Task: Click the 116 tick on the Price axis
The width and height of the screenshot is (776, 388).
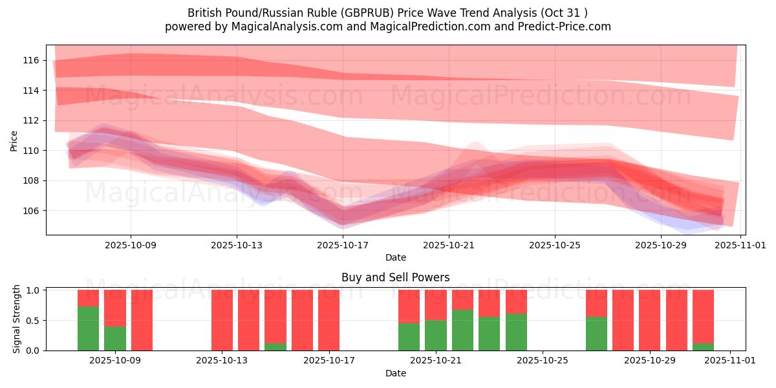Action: pyautogui.click(x=31, y=60)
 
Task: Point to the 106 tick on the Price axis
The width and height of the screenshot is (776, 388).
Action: pyautogui.click(x=31, y=211)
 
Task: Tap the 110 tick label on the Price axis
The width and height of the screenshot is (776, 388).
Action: pyautogui.click(x=31, y=151)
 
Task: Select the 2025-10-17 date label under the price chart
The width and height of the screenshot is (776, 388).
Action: pyautogui.click(x=343, y=245)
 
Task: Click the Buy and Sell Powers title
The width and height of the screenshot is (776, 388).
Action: pyautogui.click(x=395, y=277)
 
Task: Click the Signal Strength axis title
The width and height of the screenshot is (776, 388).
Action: pyautogui.click(x=17, y=319)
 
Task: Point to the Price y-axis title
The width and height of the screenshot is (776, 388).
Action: pyautogui.click(x=14, y=140)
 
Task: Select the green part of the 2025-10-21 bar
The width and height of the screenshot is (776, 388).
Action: pyautogui.click(x=436, y=335)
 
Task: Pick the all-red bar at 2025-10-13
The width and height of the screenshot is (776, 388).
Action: pyautogui.click(x=222, y=320)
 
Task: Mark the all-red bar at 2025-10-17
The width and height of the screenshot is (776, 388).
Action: pyautogui.click(x=329, y=320)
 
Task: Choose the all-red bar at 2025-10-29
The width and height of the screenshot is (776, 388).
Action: pyautogui.click(x=649, y=320)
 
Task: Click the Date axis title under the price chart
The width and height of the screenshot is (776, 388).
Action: pyautogui.click(x=395, y=257)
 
